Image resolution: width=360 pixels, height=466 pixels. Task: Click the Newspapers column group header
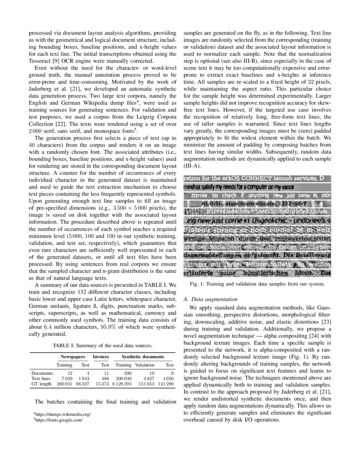click(73, 357)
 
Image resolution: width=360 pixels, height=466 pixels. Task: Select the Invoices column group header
click(101, 357)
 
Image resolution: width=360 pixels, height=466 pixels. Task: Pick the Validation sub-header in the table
click(145, 365)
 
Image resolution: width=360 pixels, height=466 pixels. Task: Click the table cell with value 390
click(127, 373)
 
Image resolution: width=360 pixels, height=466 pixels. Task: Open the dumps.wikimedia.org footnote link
click(63, 414)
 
